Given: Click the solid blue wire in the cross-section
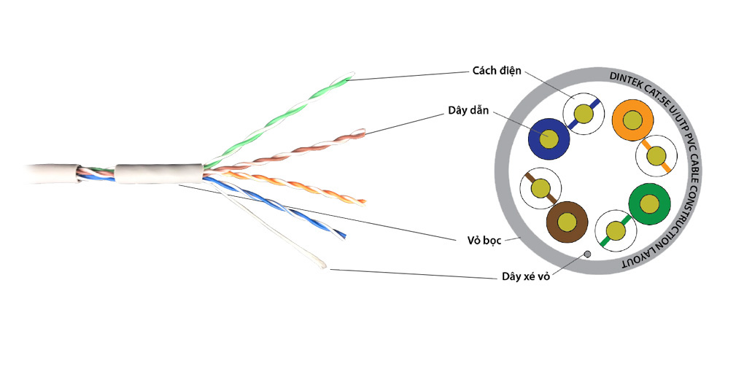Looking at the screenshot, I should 547,138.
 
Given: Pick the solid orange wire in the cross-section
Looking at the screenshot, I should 632,119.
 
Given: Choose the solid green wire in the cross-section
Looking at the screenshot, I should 648,204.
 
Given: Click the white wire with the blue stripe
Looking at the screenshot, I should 584,113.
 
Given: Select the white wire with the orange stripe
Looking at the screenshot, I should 656,155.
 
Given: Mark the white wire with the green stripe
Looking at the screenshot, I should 616,231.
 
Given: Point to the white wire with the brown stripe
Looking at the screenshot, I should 540,189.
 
